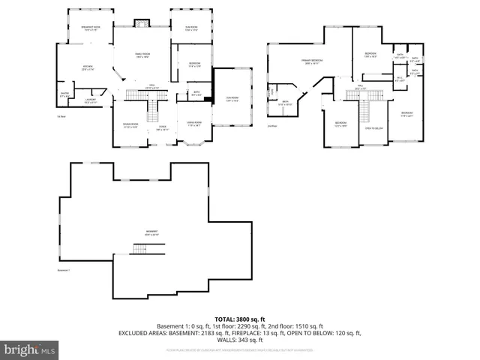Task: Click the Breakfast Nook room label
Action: click(91, 28)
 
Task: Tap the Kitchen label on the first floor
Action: click(87, 68)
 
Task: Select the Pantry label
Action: click(64, 94)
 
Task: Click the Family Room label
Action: click(142, 55)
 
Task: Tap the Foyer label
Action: click(162, 127)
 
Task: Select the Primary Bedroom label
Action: click(313, 61)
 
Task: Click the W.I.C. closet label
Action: click(400, 78)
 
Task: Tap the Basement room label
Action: click(152, 233)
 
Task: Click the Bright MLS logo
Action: click(30, 349)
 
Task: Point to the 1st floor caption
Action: click(62, 116)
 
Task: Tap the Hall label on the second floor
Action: click(360, 87)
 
